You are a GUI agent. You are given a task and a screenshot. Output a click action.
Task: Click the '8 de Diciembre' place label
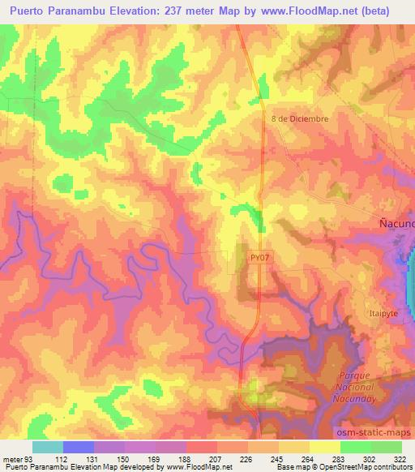coord(300,118)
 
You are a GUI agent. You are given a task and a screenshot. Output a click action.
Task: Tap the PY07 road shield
coord(258,257)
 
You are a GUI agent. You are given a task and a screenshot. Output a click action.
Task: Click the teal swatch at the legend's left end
coord(48,447)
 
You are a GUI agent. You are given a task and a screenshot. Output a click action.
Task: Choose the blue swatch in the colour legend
coord(79,447)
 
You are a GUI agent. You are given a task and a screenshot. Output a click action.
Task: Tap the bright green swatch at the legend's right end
coord(387,447)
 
